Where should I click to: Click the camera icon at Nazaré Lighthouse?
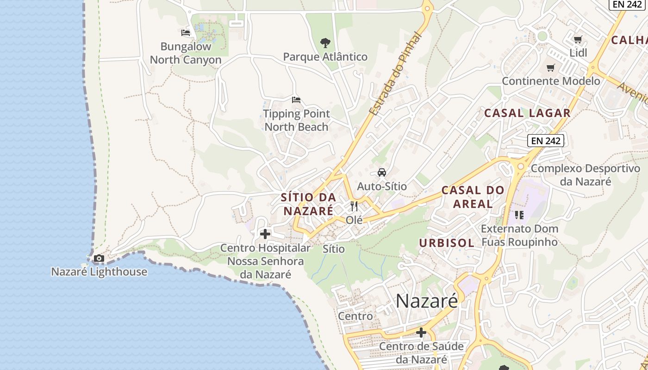pos(99,259)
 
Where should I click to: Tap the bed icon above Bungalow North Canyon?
pos(186,33)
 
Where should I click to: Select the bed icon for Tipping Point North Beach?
pos(296,100)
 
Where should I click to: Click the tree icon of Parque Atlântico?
pos(325,43)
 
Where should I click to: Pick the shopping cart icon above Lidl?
pos(578,40)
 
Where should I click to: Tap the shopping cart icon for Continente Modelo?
pos(551,68)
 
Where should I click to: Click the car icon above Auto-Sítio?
pos(382,173)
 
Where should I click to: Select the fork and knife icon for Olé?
pos(354,206)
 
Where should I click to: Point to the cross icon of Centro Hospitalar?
pos(265,234)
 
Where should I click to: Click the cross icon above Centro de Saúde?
pos(421,332)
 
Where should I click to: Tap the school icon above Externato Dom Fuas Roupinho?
pos(519,215)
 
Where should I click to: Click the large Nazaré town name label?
pos(427,301)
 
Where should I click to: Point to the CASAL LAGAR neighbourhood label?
pos(527,113)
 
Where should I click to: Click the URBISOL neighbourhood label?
pos(447,243)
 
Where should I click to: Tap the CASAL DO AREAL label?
pos(473,197)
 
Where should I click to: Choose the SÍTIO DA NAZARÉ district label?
pos(308,204)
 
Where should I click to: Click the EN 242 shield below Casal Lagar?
pos(546,141)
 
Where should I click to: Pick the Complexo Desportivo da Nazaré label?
pos(585,175)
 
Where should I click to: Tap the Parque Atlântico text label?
pos(325,57)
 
